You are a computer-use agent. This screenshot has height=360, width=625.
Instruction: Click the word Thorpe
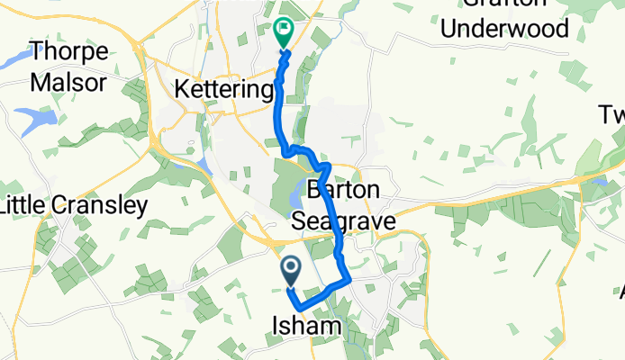click(70, 52)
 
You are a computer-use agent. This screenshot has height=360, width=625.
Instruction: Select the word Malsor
click(68, 83)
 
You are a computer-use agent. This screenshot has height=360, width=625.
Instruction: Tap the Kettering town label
click(222, 91)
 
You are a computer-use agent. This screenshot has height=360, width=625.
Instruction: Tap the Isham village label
click(306, 326)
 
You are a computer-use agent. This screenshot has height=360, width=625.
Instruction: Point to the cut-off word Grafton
click(504, 4)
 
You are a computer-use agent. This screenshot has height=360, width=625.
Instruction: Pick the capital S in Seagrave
click(300, 220)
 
